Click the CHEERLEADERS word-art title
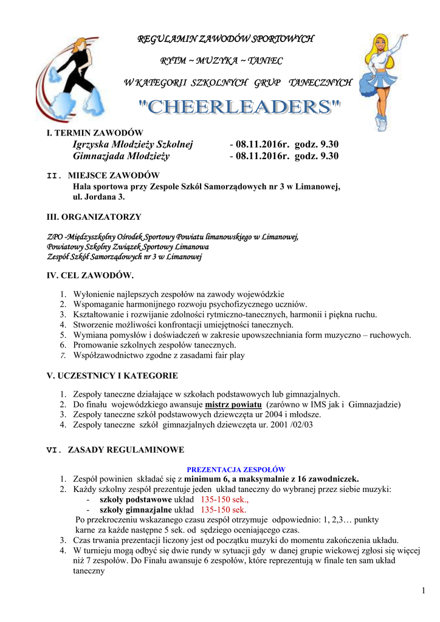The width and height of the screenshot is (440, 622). click(240, 108)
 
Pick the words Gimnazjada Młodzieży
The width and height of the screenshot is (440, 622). click(121, 156)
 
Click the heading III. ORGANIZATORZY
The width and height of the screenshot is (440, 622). click(94, 216)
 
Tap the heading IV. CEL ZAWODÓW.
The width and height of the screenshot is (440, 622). click(90, 275)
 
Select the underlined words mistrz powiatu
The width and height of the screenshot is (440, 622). click(233, 405)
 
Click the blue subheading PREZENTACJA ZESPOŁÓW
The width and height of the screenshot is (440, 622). click(236, 470)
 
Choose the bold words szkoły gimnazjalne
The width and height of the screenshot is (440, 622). click(136, 510)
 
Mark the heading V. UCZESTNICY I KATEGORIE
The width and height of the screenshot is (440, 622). click(112, 376)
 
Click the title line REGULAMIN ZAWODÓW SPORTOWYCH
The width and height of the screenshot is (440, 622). click(225, 39)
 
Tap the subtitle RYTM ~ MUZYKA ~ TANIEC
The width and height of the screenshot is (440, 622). click(221, 61)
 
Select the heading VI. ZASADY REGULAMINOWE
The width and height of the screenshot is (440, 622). click(115, 450)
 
